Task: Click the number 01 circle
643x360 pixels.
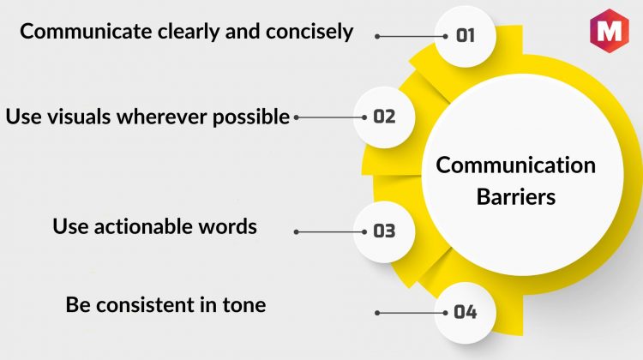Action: pos(466,36)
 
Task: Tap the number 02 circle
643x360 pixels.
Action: pos(384,117)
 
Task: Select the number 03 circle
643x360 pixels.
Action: pos(384,231)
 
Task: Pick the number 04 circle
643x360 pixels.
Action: pos(466,313)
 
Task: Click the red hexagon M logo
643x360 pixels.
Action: pos(609,31)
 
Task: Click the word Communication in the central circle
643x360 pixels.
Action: pos(516,165)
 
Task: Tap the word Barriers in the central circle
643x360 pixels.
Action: pos(516,197)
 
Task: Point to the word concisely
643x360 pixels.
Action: pos(309,32)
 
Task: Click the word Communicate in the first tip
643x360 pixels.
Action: pos(86,31)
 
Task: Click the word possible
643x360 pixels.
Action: pos(251,117)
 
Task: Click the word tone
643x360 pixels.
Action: pos(244,305)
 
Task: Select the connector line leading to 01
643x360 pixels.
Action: pos(412,36)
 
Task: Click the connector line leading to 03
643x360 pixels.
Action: pos(330,231)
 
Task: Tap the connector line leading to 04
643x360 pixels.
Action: pos(412,313)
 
